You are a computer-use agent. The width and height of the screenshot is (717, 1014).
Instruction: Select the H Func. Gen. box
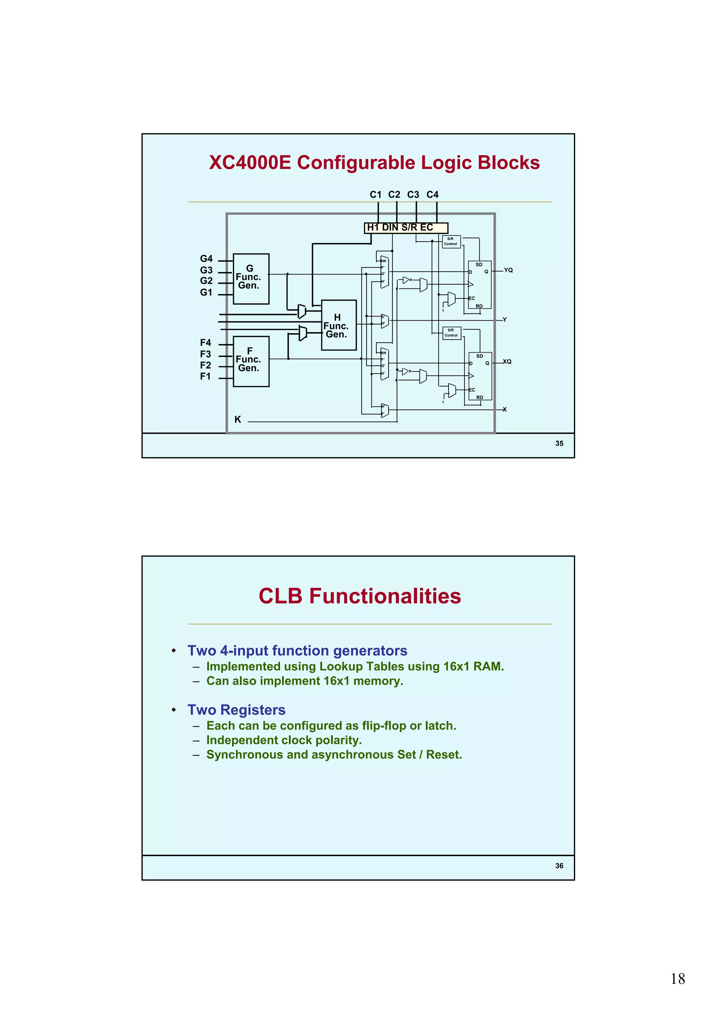(x=339, y=326)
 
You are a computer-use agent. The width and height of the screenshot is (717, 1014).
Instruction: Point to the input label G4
(x=206, y=259)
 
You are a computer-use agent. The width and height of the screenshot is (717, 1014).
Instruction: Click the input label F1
(x=206, y=377)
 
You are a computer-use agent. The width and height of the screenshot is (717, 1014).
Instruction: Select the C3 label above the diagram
(x=413, y=195)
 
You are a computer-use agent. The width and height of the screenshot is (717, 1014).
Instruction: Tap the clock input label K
(x=238, y=420)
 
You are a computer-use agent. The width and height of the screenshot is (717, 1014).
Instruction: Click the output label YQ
(x=508, y=270)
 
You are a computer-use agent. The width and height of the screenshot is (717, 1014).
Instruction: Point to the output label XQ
(x=507, y=362)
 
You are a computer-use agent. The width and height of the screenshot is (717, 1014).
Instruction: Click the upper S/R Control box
(x=451, y=242)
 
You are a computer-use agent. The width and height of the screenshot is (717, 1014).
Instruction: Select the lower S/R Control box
(x=451, y=333)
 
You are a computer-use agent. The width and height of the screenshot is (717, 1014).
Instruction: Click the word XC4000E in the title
(x=250, y=162)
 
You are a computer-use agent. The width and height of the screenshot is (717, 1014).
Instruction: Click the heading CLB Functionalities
(x=360, y=596)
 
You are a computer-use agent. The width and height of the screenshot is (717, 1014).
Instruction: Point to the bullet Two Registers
(x=236, y=710)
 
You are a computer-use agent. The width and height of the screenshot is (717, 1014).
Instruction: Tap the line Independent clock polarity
(x=284, y=740)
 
